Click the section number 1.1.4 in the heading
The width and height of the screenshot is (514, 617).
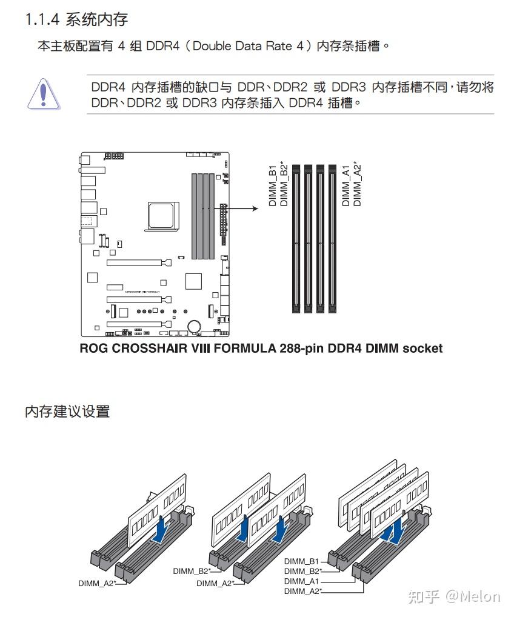[42, 20]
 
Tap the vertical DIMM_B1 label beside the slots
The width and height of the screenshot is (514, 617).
[273, 185]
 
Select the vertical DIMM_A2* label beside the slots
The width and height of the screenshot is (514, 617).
[358, 184]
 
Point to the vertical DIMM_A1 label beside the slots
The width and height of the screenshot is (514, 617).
[346, 185]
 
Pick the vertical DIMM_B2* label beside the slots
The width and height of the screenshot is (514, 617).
[284, 184]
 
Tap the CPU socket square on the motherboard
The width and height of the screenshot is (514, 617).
[162, 215]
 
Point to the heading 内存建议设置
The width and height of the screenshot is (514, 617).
[67, 412]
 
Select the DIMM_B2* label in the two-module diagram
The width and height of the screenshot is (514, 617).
[190, 571]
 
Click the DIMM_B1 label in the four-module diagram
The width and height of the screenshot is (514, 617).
[301, 562]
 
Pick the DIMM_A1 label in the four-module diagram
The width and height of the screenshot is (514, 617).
[301, 581]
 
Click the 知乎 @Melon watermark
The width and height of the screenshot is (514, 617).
[454, 596]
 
